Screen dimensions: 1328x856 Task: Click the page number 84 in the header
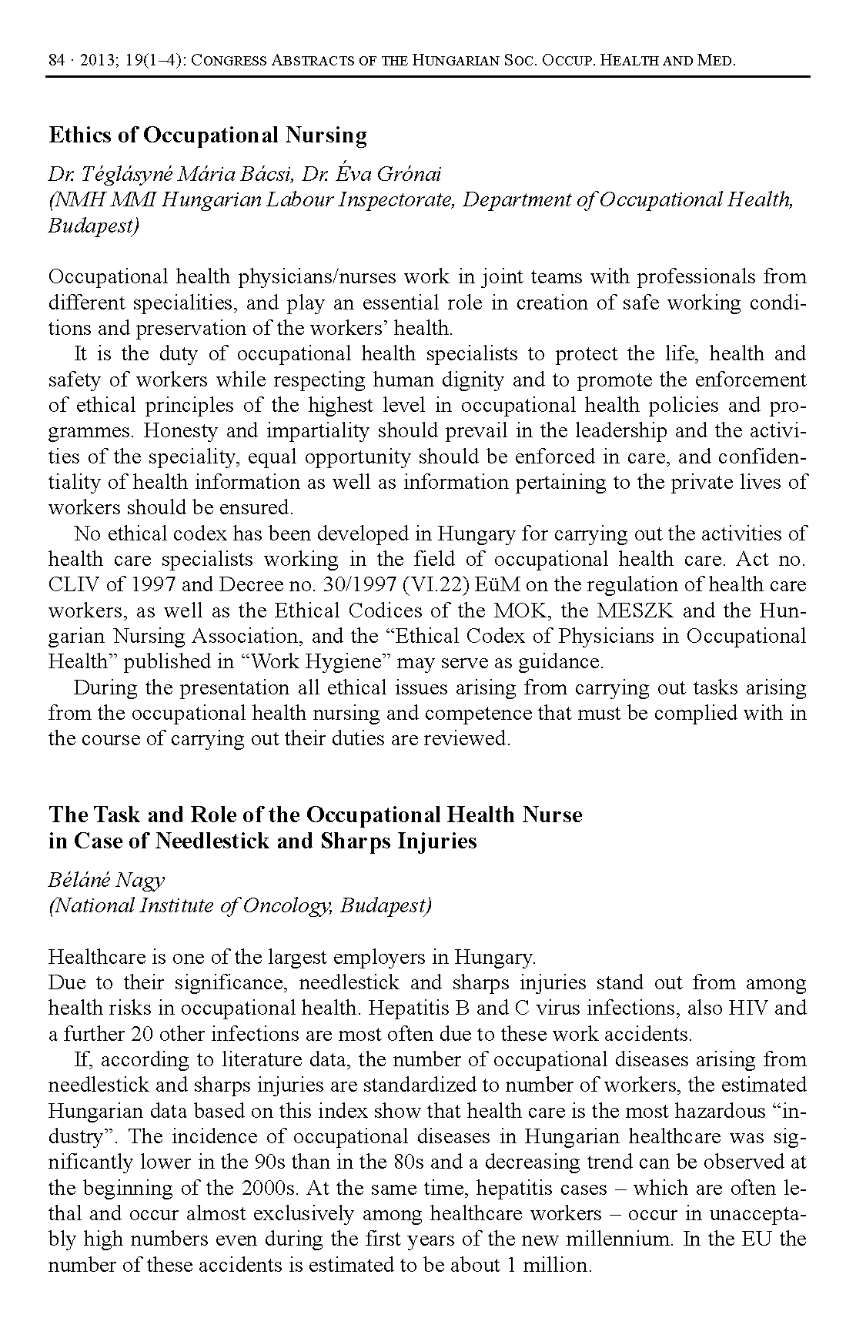[55, 61]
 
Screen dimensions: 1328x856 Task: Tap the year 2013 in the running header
[94, 61]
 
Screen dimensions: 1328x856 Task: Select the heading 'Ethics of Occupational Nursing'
[208, 135]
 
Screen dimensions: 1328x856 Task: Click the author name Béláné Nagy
[106, 880]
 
